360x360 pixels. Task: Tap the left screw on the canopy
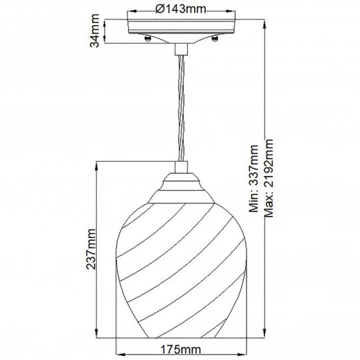click(x=146, y=39)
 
